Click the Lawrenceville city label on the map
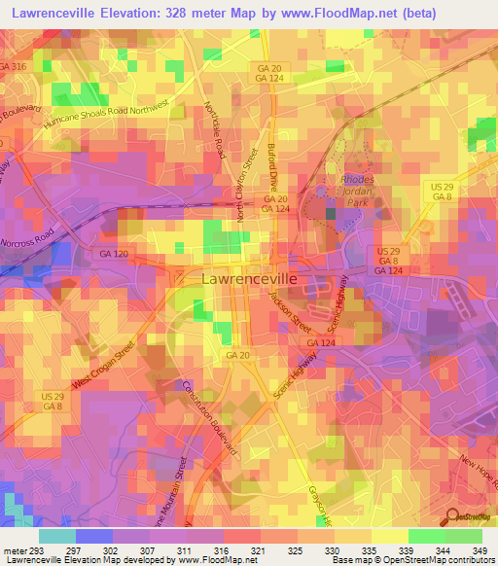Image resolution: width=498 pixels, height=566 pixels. pyautogui.click(x=249, y=278)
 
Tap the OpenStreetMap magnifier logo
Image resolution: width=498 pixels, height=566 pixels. pyautogui.click(x=453, y=517)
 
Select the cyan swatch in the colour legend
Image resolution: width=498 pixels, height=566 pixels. pyautogui.click(x=56, y=536)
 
